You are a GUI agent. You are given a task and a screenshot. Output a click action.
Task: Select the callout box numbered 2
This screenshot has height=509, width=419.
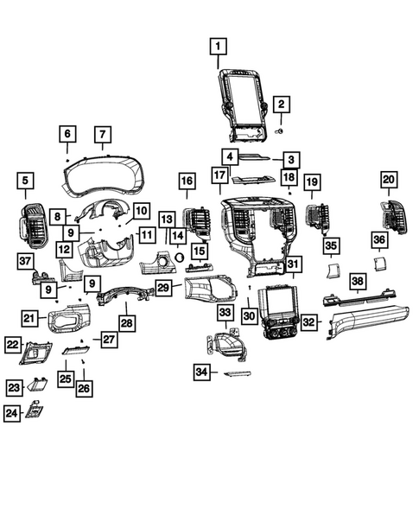pos(280,105)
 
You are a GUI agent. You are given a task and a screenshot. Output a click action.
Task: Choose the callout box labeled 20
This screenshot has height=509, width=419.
pos(388,180)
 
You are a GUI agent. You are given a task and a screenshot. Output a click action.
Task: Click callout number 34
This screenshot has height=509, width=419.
pos(201,372)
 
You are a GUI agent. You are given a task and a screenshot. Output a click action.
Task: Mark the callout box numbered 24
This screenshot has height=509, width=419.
pos(11,414)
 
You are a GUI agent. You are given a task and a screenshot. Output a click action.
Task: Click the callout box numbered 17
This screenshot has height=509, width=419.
pos(219,176)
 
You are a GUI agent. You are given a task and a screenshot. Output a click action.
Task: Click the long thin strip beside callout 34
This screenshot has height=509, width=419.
pos(236,374)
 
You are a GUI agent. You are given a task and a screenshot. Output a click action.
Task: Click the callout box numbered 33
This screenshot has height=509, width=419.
pos(225,311)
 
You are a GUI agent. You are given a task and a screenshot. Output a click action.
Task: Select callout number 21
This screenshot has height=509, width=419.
pos(29,320)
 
